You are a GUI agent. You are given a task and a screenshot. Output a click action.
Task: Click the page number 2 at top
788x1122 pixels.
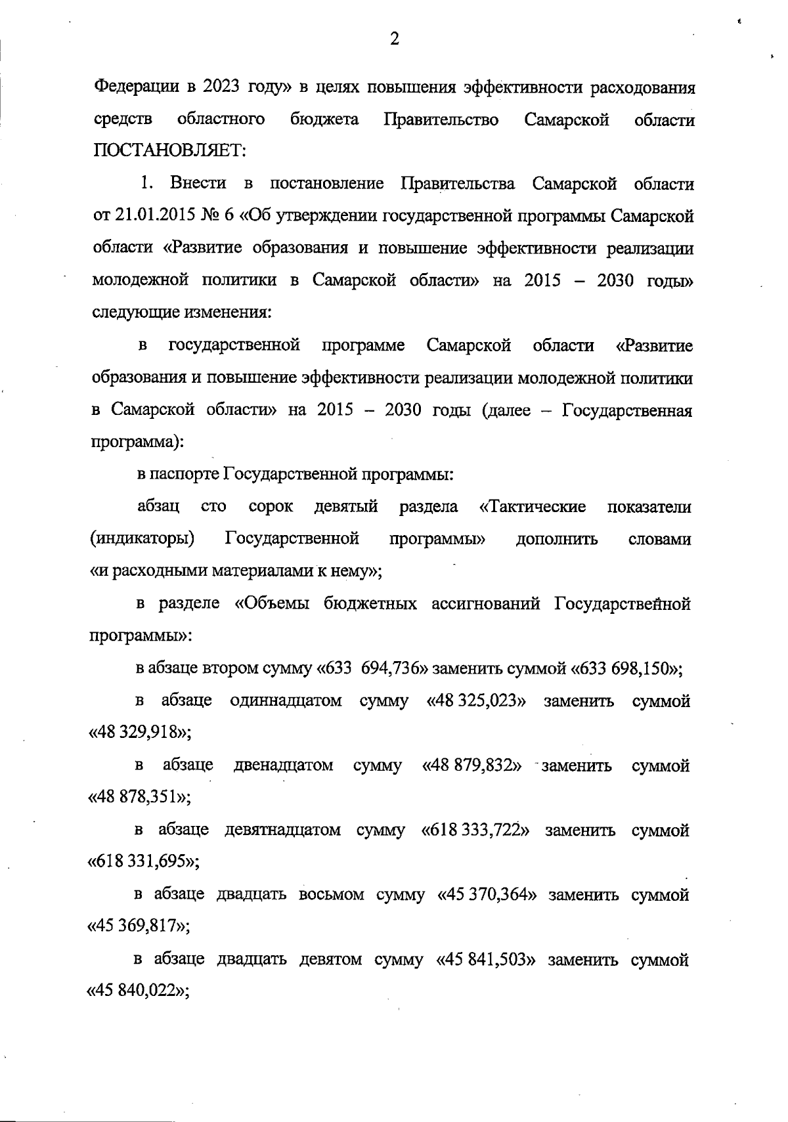point(394,39)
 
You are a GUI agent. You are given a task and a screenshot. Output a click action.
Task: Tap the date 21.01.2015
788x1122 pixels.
point(149,216)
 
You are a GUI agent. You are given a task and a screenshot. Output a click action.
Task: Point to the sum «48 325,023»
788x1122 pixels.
point(477,701)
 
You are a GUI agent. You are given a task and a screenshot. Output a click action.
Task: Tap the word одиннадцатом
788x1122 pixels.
point(286,701)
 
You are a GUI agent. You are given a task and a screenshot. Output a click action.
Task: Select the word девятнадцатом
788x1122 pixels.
point(283,831)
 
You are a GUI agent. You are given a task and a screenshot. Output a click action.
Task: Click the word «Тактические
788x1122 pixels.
point(533,507)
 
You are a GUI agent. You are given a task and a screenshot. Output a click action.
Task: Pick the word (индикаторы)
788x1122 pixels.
point(142,540)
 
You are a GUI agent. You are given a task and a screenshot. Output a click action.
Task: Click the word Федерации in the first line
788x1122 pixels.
point(135,87)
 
